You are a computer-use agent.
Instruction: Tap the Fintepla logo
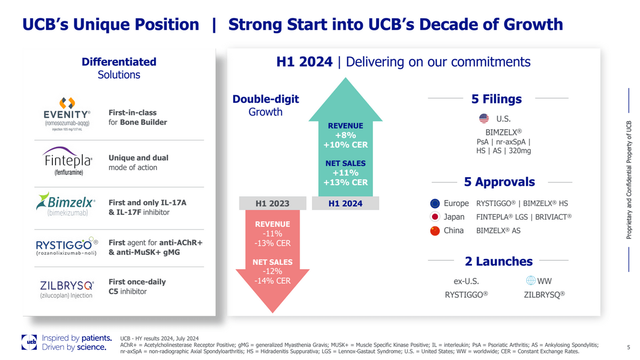pyautogui.click(x=67, y=160)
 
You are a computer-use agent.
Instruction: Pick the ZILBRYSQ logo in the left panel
pyautogui.click(x=67, y=289)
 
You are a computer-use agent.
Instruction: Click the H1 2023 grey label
pyautogui.click(x=272, y=203)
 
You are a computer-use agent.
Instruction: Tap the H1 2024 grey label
pyautogui.click(x=345, y=203)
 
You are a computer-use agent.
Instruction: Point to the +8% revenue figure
pyautogui.click(x=345, y=135)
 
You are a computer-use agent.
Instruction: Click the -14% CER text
pyautogui.click(x=272, y=281)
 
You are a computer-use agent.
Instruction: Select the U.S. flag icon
pyautogui.click(x=484, y=118)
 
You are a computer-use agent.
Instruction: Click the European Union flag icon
pyautogui.click(x=435, y=203)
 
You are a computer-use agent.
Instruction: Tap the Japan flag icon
pyautogui.click(x=435, y=217)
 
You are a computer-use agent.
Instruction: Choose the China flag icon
pyautogui.click(x=435, y=231)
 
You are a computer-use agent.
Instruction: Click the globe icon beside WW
pyautogui.click(x=530, y=281)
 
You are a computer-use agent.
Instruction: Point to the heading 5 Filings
pyautogui.click(x=497, y=99)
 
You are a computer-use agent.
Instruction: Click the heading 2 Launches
pyautogui.click(x=499, y=261)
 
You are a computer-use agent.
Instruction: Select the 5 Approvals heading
pyautogui.click(x=499, y=182)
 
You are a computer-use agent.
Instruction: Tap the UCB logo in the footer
pyautogui.click(x=29, y=342)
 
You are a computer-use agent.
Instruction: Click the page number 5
pyautogui.click(x=628, y=348)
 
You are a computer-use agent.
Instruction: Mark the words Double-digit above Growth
pyautogui.click(x=266, y=99)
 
